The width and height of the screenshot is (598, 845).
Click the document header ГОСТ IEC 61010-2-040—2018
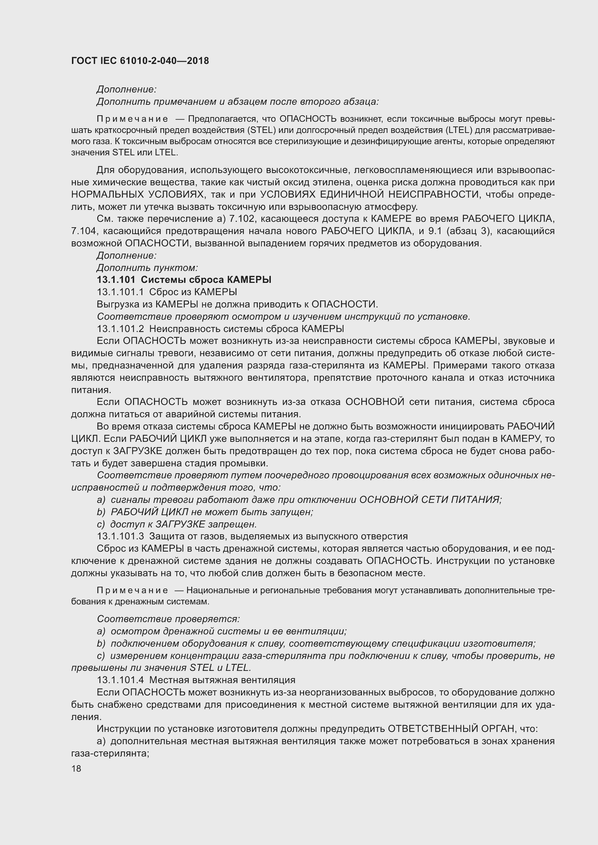[140, 61]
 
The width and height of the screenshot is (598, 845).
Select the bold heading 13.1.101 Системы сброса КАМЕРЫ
[184, 280]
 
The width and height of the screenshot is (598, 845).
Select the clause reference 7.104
[84, 231]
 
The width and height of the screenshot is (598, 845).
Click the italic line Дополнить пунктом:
[147, 268]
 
